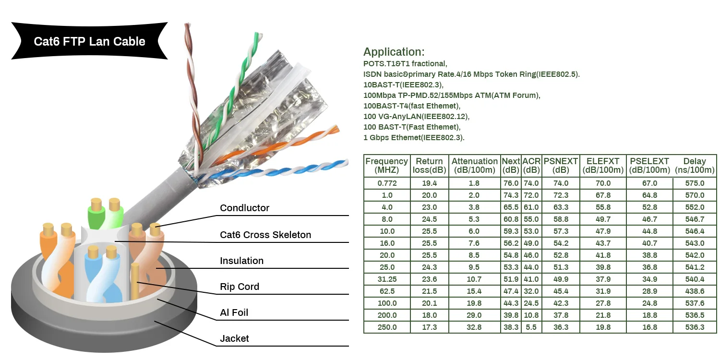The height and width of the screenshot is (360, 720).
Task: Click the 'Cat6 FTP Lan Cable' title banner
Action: pos(89,41)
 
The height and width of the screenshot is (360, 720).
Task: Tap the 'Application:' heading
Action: pos(394,52)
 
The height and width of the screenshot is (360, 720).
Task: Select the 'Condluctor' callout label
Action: pos(244,208)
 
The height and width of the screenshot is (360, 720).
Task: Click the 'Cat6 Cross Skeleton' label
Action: pos(265,235)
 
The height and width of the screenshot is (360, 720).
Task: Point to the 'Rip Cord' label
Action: pos(239,287)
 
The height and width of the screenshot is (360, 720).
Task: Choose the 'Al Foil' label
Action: pos(234,312)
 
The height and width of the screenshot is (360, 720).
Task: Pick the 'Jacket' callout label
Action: pos(234,338)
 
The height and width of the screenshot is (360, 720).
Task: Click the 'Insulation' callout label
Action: pos(241,261)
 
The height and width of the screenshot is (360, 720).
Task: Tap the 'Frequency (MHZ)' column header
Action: pos(386,166)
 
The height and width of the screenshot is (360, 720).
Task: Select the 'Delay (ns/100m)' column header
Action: pos(695,166)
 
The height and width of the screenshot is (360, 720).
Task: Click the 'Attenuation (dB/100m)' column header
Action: pos(474,166)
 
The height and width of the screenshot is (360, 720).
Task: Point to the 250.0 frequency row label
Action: pos(387,327)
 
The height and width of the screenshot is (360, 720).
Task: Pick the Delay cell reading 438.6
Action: pos(695,291)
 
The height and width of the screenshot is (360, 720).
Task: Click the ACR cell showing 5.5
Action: pos(531,327)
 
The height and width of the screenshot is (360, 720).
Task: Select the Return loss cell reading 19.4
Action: pos(429,183)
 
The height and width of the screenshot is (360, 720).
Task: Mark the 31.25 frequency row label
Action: pos(387,279)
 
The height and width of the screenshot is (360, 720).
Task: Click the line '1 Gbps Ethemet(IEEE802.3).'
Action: pos(414,138)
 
